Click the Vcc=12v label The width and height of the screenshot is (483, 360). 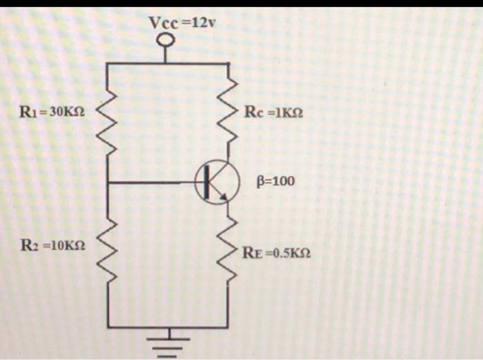(x=182, y=23)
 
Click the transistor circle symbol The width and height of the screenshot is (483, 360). (x=217, y=183)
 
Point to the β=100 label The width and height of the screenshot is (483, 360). (x=275, y=181)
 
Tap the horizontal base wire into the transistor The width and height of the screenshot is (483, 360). (x=155, y=183)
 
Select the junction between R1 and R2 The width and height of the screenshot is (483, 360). (x=108, y=183)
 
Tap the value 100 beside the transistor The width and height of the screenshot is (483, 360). (x=283, y=181)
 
